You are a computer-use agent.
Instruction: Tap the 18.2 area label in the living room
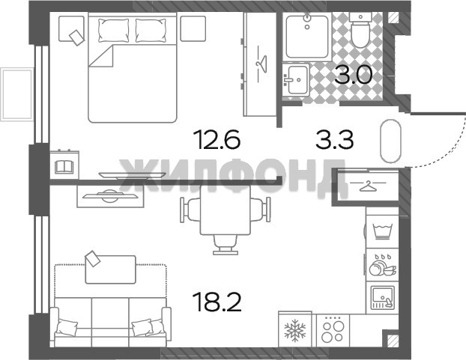(217, 302)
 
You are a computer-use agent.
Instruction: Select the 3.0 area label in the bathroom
(353, 75)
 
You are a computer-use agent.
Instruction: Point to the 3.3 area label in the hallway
(335, 140)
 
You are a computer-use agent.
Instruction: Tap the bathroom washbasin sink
(296, 79)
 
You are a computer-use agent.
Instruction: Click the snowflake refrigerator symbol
(295, 330)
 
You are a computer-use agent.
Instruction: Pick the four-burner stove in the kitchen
(333, 331)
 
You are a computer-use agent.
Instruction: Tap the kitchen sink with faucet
(382, 297)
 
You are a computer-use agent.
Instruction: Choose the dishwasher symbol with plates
(383, 265)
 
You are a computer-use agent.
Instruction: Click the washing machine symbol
(383, 231)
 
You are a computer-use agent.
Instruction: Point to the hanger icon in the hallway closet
(368, 186)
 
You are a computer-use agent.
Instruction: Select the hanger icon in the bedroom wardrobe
(261, 64)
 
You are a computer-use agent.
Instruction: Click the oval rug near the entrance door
(391, 141)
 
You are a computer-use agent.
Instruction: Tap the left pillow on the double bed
(114, 30)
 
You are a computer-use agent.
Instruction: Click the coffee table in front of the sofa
(111, 269)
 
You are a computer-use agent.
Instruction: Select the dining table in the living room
(226, 210)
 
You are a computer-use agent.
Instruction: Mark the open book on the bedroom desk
(64, 166)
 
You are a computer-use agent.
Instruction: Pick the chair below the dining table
(226, 245)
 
